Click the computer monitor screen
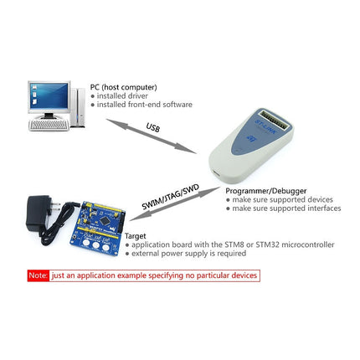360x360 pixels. pos(48,99)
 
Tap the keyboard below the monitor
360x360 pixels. pos(49,125)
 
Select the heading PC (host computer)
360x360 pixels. pos(123,87)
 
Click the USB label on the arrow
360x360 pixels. pos(152,128)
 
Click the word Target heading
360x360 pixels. pos(135,236)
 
